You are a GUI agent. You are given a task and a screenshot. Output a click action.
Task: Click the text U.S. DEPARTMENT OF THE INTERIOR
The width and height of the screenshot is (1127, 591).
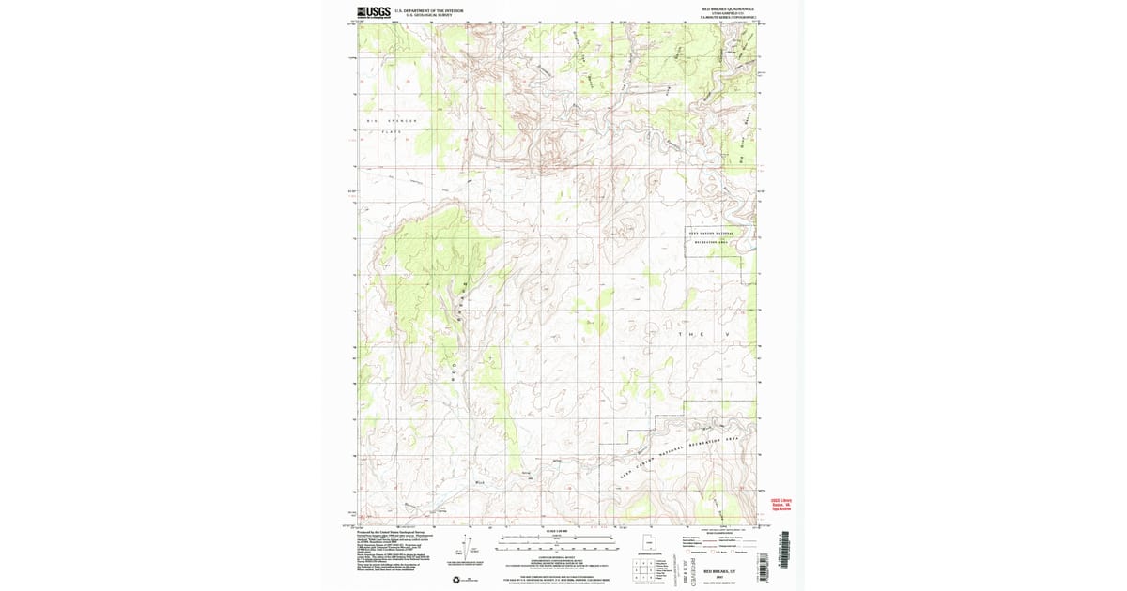pyautogui.click(x=429, y=10)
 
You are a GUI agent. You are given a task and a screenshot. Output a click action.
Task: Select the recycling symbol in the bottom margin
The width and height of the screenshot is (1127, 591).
pyautogui.click(x=457, y=579)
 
